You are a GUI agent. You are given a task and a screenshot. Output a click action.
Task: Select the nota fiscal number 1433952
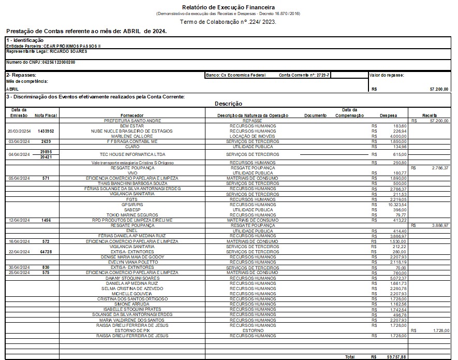pos(46,131)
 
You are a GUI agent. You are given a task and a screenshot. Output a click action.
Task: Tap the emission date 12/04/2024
pos(20,220)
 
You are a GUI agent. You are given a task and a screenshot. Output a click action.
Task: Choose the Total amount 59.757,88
pos(396,357)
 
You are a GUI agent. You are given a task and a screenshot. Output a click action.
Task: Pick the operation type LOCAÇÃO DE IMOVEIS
pos(253,136)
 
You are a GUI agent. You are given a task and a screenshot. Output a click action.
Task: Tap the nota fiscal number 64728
pos(46,252)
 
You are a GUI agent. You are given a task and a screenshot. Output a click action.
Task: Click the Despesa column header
pos(389,116)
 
